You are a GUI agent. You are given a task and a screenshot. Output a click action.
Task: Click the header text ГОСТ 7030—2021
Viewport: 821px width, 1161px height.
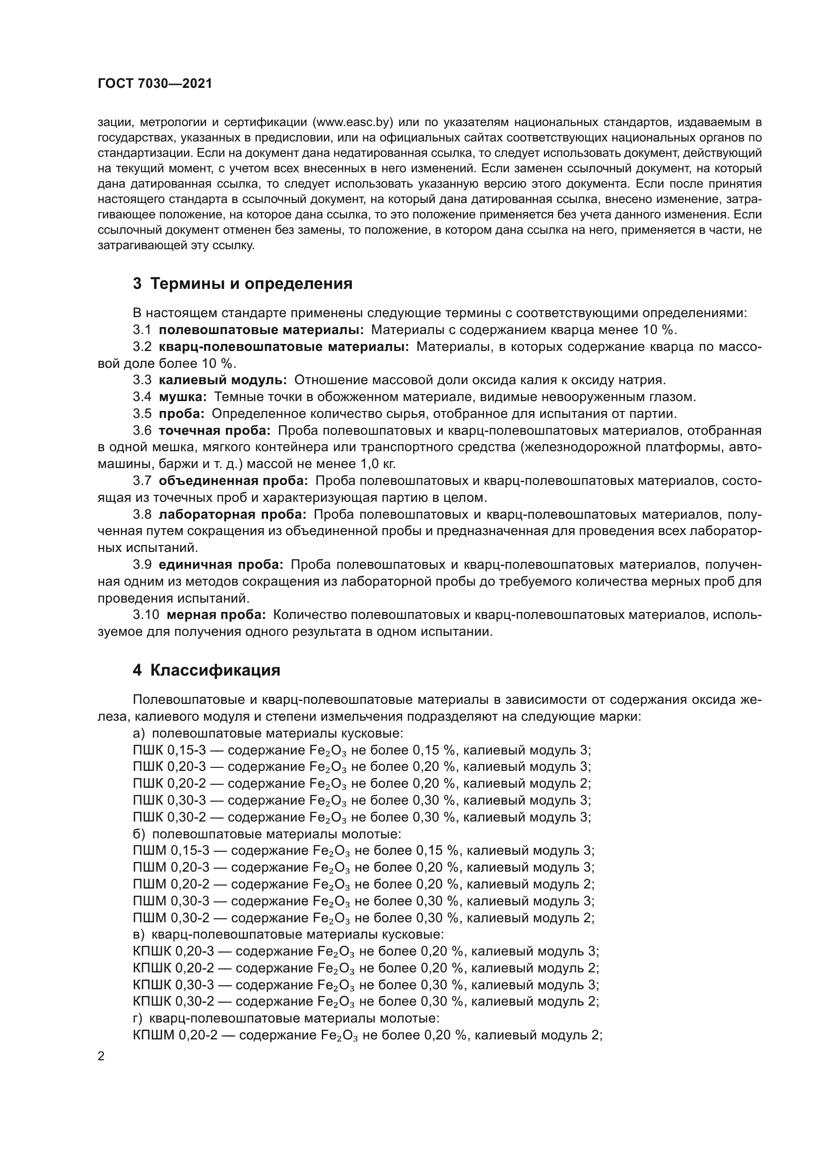tap(155, 84)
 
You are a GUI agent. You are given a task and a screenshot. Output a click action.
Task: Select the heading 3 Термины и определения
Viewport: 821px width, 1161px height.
tap(242, 284)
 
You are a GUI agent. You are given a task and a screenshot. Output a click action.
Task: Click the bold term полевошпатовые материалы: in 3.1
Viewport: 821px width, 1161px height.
tap(261, 330)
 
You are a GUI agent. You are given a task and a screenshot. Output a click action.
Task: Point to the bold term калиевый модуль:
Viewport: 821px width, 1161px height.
tap(222, 380)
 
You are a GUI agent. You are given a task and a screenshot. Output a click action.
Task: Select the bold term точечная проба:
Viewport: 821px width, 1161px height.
tap(214, 430)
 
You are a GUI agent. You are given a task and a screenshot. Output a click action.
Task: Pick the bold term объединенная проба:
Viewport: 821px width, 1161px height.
tap(233, 481)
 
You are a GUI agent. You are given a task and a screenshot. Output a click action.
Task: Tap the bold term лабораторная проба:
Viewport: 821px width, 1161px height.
tap(232, 514)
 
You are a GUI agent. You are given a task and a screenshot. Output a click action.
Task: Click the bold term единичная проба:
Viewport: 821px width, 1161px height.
tap(221, 564)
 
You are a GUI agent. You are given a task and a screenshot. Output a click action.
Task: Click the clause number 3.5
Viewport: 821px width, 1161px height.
tap(142, 413)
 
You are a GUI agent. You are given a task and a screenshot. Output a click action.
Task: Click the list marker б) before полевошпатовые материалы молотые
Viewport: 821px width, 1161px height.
tap(138, 833)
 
